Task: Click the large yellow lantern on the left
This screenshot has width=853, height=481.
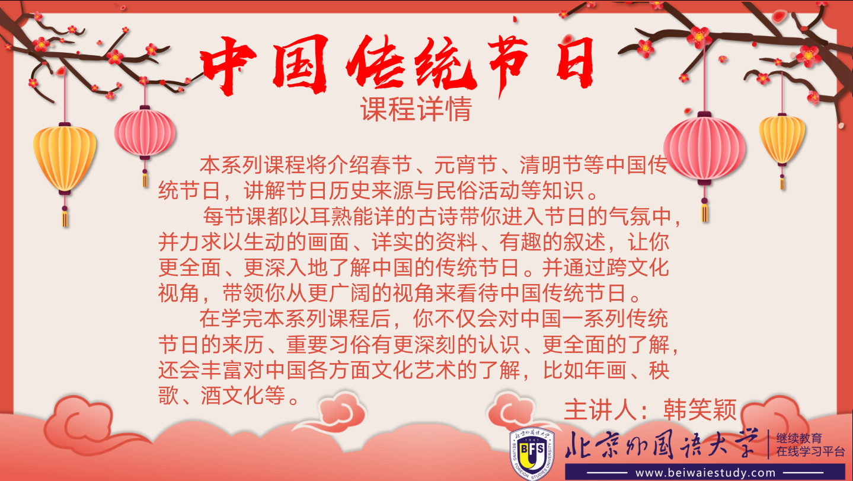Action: point(65,158)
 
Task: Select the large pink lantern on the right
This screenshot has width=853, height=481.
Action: point(704,149)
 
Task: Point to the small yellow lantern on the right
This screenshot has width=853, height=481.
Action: point(782,139)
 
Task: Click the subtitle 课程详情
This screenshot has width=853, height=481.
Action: point(416,109)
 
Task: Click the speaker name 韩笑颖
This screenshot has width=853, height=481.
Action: point(700,410)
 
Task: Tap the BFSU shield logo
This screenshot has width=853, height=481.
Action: point(532,454)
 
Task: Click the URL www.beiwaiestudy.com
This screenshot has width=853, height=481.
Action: point(705,473)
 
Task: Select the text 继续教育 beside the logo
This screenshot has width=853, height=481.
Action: point(799,438)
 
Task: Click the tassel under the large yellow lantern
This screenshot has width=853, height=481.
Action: point(65,216)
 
